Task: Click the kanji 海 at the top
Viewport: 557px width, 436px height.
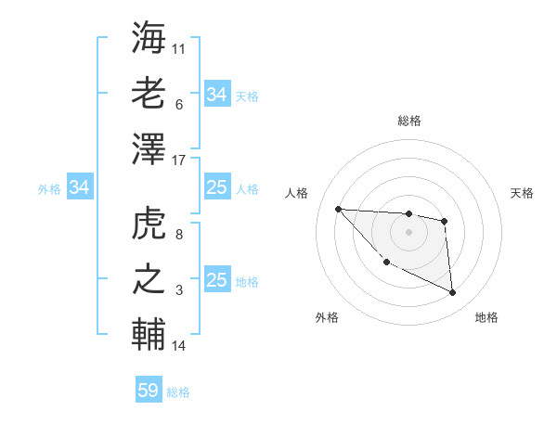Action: pyautogui.click(x=149, y=38)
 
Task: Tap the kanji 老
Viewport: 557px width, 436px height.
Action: pyautogui.click(x=149, y=93)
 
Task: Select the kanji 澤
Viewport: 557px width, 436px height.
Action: pyautogui.click(x=149, y=148)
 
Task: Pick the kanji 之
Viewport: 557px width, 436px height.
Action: pyautogui.click(x=149, y=279)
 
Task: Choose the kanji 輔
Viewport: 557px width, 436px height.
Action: pyautogui.click(x=149, y=334)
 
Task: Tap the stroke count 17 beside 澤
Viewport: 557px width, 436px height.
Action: pyautogui.click(x=179, y=160)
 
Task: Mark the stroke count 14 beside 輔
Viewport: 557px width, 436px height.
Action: pyautogui.click(x=179, y=346)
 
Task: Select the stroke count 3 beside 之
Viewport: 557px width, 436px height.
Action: pyautogui.click(x=179, y=290)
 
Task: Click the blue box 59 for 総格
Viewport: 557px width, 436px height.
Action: pyautogui.click(x=149, y=391)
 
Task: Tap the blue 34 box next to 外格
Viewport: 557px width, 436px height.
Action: pyautogui.click(x=79, y=188)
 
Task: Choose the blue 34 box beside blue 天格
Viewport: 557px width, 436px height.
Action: pyautogui.click(x=216, y=95)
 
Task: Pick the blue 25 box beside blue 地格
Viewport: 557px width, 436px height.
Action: pyautogui.click(x=216, y=280)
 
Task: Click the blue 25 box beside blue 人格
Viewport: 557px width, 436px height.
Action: pyautogui.click(x=216, y=188)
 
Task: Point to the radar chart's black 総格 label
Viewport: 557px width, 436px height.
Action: pyautogui.click(x=408, y=121)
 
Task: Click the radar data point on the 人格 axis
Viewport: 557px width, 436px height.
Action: pyautogui.click(x=338, y=209)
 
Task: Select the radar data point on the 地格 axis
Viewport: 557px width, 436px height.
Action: pyautogui.click(x=453, y=293)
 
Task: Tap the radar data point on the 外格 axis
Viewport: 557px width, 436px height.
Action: pyautogui.click(x=386, y=263)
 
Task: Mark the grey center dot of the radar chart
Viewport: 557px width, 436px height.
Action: pyautogui.click(x=408, y=232)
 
